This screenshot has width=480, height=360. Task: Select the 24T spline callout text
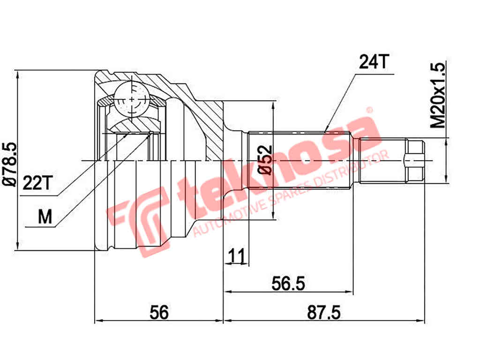(x=374, y=61)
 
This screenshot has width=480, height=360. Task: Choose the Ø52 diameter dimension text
(x=265, y=160)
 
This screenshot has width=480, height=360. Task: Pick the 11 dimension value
(x=237, y=256)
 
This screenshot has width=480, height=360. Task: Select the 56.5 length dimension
(x=288, y=283)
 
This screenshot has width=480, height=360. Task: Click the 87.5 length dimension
(x=324, y=312)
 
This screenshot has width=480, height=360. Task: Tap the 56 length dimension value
(x=159, y=312)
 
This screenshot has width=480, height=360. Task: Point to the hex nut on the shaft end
(x=414, y=160)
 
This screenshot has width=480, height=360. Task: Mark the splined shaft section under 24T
(x=300, y=160)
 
